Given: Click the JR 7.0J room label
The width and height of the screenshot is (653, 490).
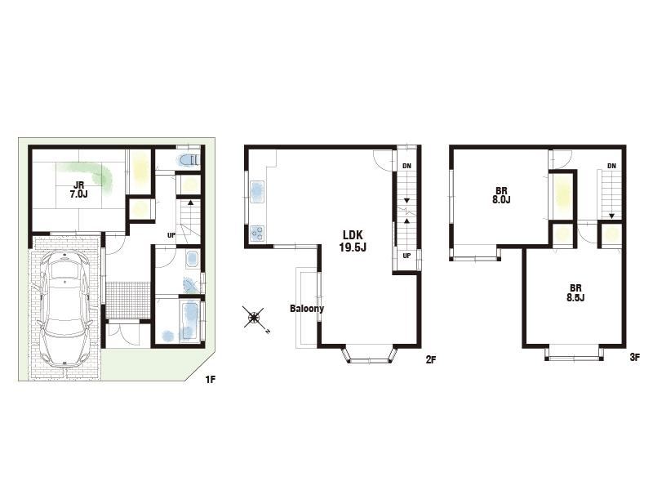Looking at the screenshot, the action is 78,189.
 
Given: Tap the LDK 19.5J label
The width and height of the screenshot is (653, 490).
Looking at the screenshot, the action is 353,241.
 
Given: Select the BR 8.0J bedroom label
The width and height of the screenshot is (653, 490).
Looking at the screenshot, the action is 501,195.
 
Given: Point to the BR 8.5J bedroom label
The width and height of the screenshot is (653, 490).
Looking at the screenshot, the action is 575,292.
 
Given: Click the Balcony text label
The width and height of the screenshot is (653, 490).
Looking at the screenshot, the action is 307,309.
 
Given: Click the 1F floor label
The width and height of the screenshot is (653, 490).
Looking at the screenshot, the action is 211,380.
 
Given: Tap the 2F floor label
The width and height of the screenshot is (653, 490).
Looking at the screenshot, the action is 431,359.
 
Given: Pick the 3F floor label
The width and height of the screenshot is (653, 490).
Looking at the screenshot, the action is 635,357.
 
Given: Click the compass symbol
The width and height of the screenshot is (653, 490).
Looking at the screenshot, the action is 253,318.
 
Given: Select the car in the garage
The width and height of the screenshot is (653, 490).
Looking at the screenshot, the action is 64,309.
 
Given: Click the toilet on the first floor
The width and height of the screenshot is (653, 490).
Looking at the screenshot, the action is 190,160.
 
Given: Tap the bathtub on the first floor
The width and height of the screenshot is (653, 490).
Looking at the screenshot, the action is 190,320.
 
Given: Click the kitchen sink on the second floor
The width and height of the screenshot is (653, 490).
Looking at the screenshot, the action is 256,192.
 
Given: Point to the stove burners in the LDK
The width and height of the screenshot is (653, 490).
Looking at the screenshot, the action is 257,233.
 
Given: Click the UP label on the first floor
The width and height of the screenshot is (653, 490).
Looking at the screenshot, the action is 171,235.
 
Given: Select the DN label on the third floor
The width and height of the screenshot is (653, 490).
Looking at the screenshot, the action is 611,166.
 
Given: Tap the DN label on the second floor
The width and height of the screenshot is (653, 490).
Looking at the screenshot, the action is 406,166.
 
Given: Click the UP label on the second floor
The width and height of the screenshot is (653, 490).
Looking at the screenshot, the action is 406,256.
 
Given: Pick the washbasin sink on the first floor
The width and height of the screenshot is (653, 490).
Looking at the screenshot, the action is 192,259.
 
